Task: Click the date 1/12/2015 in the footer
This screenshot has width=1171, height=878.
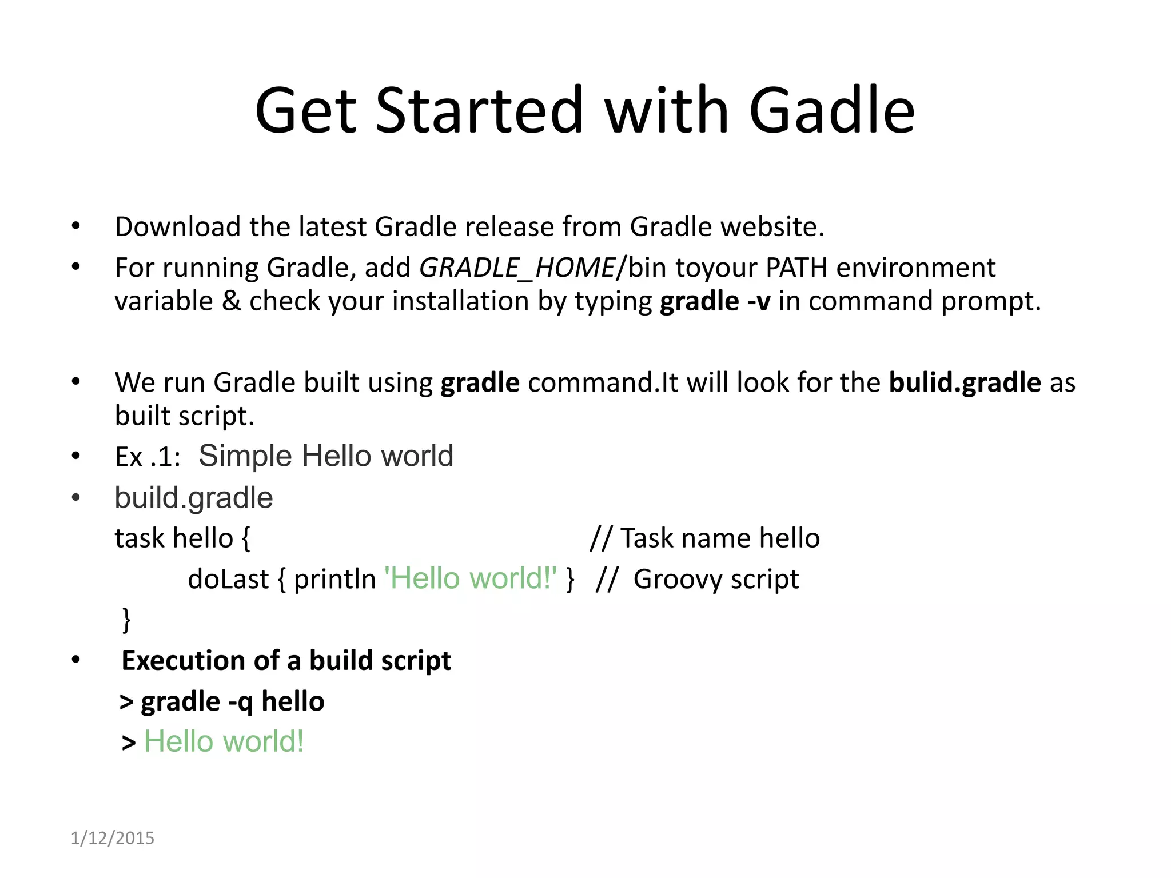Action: (112, 837)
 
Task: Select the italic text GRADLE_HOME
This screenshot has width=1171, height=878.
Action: (517, 268)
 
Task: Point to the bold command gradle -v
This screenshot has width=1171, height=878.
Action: (715, 301)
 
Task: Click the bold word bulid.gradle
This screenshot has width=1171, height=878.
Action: (965, 382)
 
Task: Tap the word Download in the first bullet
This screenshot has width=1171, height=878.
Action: (177, 226)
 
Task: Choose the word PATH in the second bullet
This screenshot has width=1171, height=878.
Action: (796, 268)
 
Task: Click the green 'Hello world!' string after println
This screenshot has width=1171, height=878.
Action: (471, 578)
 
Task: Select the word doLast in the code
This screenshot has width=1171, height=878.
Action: (228, 580)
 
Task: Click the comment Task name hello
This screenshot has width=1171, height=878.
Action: (720, 538)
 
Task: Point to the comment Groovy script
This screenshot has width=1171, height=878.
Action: (715, 580)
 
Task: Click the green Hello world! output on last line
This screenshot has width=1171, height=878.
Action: (224, 741)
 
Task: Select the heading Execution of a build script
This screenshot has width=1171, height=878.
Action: (286, 661)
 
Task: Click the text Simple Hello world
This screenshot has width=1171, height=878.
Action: (326, 456)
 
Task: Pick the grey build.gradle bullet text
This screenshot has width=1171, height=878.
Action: (193, 498)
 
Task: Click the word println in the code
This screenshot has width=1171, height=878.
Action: (334, 580)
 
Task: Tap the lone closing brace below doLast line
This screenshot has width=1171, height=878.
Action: (126, 620)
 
